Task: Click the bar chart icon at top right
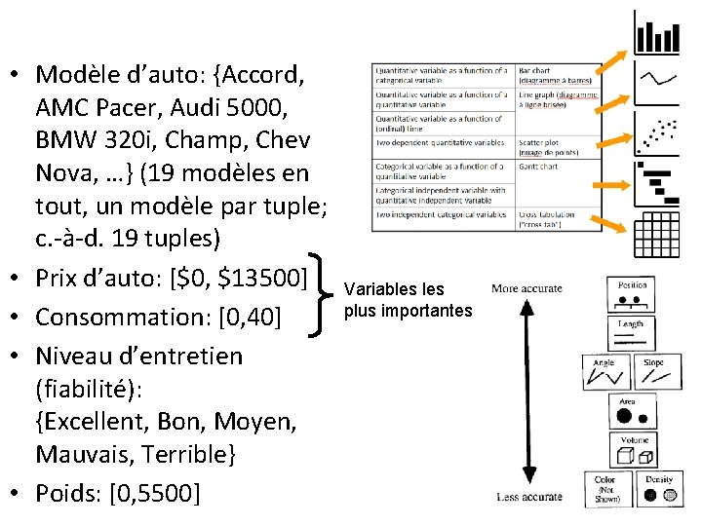(657, 33)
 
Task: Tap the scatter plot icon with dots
(657, 133)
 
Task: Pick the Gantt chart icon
(657, 184)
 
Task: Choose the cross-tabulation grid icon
(657, 235)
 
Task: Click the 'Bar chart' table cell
(556, 76)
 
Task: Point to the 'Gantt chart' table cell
(556, 167)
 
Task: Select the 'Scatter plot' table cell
(556, 146)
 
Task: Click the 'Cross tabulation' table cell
(556, 219)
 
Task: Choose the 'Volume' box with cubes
(634, 450)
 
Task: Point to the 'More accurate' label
(526, 288)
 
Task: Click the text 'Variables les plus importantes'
(408, 300)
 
